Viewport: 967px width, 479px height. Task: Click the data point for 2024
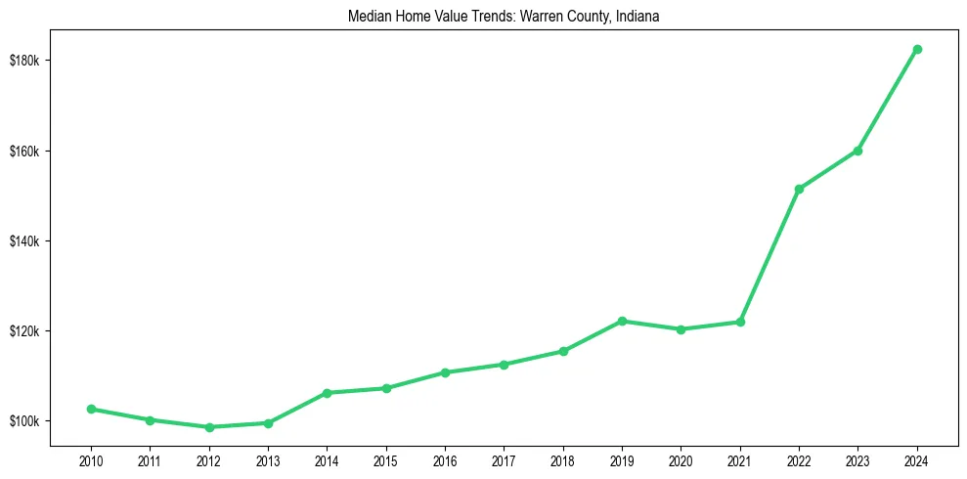point(917,49)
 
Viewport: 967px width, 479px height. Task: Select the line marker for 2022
point(799,189)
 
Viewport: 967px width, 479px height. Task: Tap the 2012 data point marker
point(209,427)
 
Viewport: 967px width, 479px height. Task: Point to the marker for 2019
point(622,321)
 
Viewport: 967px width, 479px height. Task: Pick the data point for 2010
point(91,409)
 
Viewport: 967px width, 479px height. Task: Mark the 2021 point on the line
point(740,322)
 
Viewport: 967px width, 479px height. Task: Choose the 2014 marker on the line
point(327,393)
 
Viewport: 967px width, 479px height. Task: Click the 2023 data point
point(857,151)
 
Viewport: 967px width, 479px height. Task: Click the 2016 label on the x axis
point(445,459)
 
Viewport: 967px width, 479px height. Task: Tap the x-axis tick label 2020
point(681,459)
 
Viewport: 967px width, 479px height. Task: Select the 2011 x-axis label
point(150,459)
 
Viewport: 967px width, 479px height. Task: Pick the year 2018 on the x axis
point(562,459)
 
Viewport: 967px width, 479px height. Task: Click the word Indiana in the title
point(639,17)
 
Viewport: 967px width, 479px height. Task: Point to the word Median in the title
point(368,17)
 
